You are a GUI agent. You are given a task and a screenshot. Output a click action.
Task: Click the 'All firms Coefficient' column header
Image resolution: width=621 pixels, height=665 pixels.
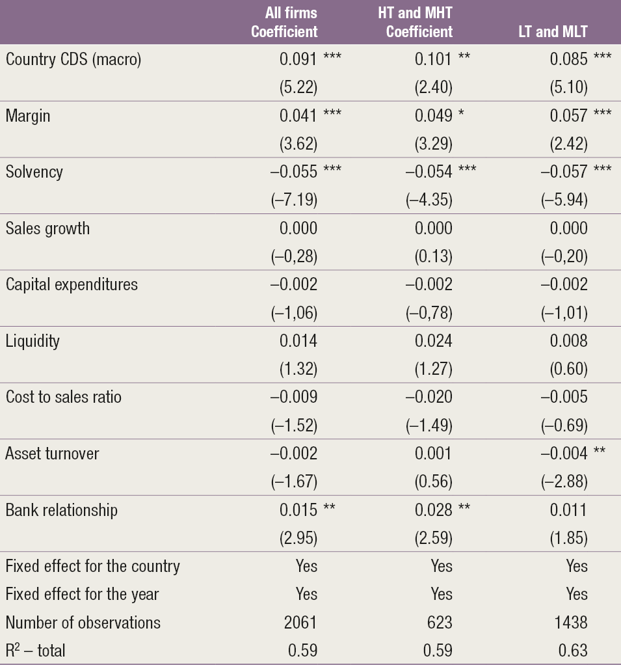pos(284,22)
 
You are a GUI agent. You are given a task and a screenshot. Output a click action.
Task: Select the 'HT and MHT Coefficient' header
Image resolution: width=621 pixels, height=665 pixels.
pos(415,22)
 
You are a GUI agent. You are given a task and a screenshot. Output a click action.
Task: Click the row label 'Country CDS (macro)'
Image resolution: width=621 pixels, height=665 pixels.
pos(73,59)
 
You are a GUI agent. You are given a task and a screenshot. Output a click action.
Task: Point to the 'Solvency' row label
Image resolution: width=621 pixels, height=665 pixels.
pos(34,172)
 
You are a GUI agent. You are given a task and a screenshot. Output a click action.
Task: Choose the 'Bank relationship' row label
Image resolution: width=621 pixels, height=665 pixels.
pos(62,509)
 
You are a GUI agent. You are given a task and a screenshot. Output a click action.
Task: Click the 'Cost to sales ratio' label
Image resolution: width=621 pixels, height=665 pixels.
pos(64,397)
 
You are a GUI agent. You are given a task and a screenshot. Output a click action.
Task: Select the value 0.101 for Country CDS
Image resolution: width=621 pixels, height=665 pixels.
pos(434,59)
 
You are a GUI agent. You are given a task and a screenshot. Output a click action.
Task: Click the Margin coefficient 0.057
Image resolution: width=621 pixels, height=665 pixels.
pos(568,116)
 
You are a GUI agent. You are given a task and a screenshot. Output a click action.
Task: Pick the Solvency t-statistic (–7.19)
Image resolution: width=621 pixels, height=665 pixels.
pos(294,200)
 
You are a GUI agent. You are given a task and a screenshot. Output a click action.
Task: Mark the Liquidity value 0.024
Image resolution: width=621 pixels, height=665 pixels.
pos(434,341)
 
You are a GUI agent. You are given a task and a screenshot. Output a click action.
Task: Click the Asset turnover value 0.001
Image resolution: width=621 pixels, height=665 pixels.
pos(434,454)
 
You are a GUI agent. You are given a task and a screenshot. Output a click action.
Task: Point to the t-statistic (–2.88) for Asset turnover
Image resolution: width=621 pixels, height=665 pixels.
pos(564,482)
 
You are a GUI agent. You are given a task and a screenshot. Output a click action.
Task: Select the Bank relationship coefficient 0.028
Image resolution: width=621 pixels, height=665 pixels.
pos(434,509)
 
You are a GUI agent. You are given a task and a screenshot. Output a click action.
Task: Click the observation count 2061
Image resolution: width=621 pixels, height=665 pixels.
pos(300,622)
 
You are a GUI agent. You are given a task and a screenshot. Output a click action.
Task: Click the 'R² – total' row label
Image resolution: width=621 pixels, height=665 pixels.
pos(36,650)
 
